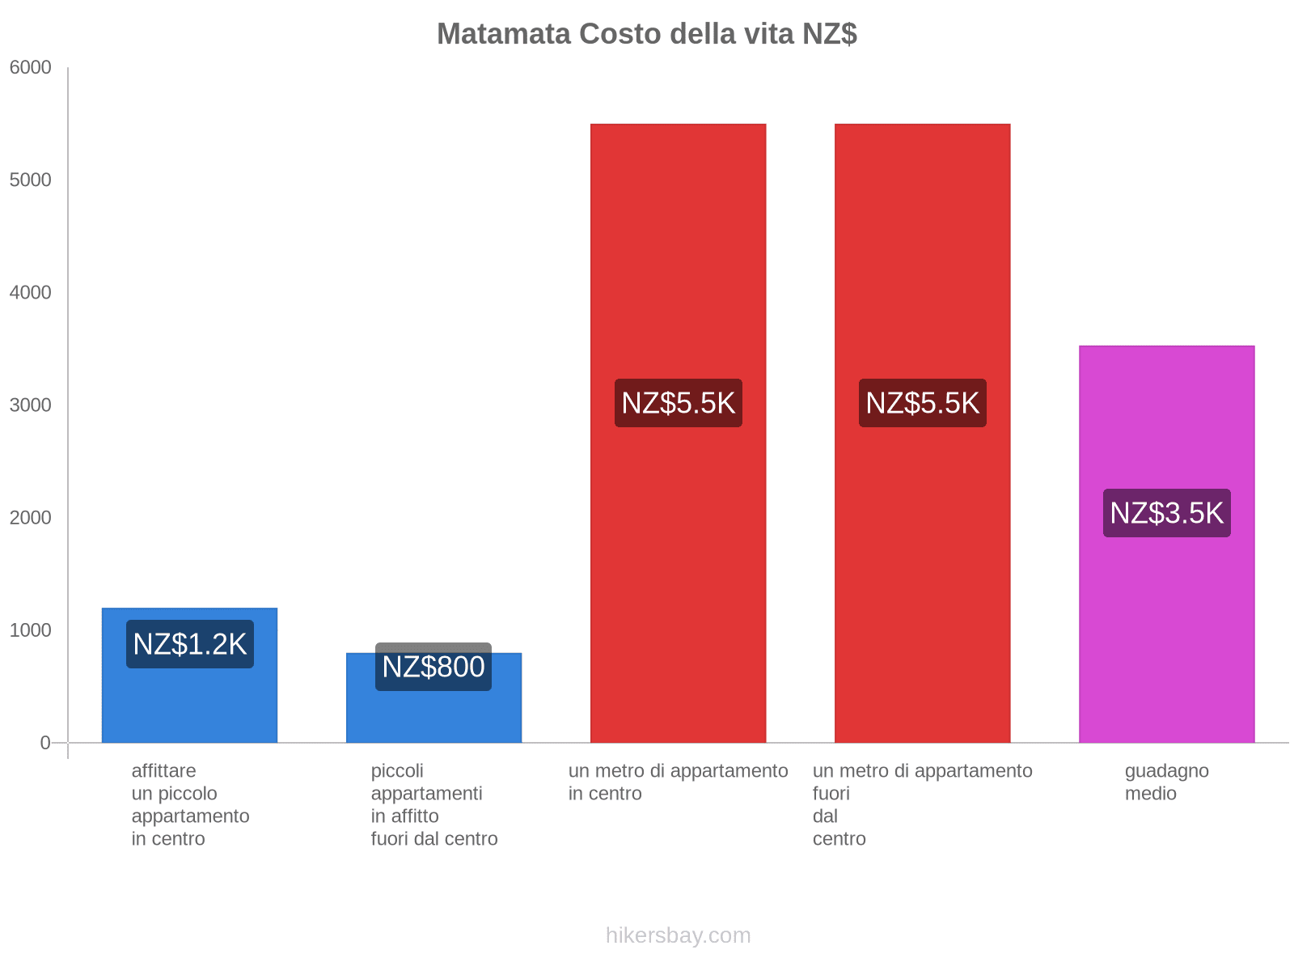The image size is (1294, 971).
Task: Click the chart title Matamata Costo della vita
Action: point(646,34)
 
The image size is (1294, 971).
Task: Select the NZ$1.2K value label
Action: point(190,644)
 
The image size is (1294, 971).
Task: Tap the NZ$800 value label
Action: point(433,667)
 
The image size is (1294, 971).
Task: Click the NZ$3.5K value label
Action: point(1166,513)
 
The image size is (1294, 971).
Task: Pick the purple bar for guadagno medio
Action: point(1166,631)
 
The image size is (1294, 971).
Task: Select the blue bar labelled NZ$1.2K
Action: point(190,704)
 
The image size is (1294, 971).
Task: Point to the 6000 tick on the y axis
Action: point(31,68)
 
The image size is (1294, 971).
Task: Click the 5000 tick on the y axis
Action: point(31,180)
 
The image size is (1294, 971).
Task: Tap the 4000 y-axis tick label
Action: point(31,293)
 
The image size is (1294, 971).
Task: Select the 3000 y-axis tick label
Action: point(31,405)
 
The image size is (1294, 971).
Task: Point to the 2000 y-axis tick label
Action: point(31,518)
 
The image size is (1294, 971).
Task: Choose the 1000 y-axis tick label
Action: point(31,630)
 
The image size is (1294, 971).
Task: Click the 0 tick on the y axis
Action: point(45,743)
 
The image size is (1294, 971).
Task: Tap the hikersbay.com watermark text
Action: point(678,935)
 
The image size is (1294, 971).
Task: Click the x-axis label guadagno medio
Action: point(1166,782)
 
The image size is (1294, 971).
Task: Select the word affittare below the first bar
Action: point(163,770)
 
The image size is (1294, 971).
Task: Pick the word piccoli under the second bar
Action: point(397,770)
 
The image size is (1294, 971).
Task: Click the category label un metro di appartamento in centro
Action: point(678,782)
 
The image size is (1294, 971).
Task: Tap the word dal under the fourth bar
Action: point(825,816)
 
